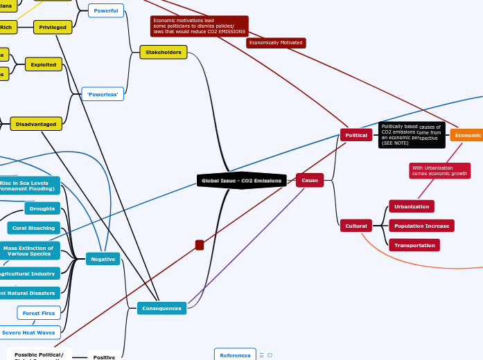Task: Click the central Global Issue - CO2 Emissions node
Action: click(241, 181)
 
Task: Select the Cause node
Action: click(309, 180)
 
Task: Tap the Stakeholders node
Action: click(164, 52)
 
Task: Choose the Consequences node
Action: click(161, 308)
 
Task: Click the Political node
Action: click(356, 135)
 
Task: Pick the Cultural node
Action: click(356, 226)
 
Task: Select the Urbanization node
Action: click(412, 206)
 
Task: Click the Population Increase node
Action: click(421, 226)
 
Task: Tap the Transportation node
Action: click(414, 245)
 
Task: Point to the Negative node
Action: click(103, 259)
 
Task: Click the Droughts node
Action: click(42, 208)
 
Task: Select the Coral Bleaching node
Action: click(34, 228)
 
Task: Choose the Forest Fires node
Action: click(39, 313)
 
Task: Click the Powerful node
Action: click(106, 10)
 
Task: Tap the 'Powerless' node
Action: click(103, 94)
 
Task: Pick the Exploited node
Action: click(43, 64)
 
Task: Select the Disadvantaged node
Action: click(36, 124)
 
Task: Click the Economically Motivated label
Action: click(276, 43)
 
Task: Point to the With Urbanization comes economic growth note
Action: click(439, 170)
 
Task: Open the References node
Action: click(235, 355)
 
